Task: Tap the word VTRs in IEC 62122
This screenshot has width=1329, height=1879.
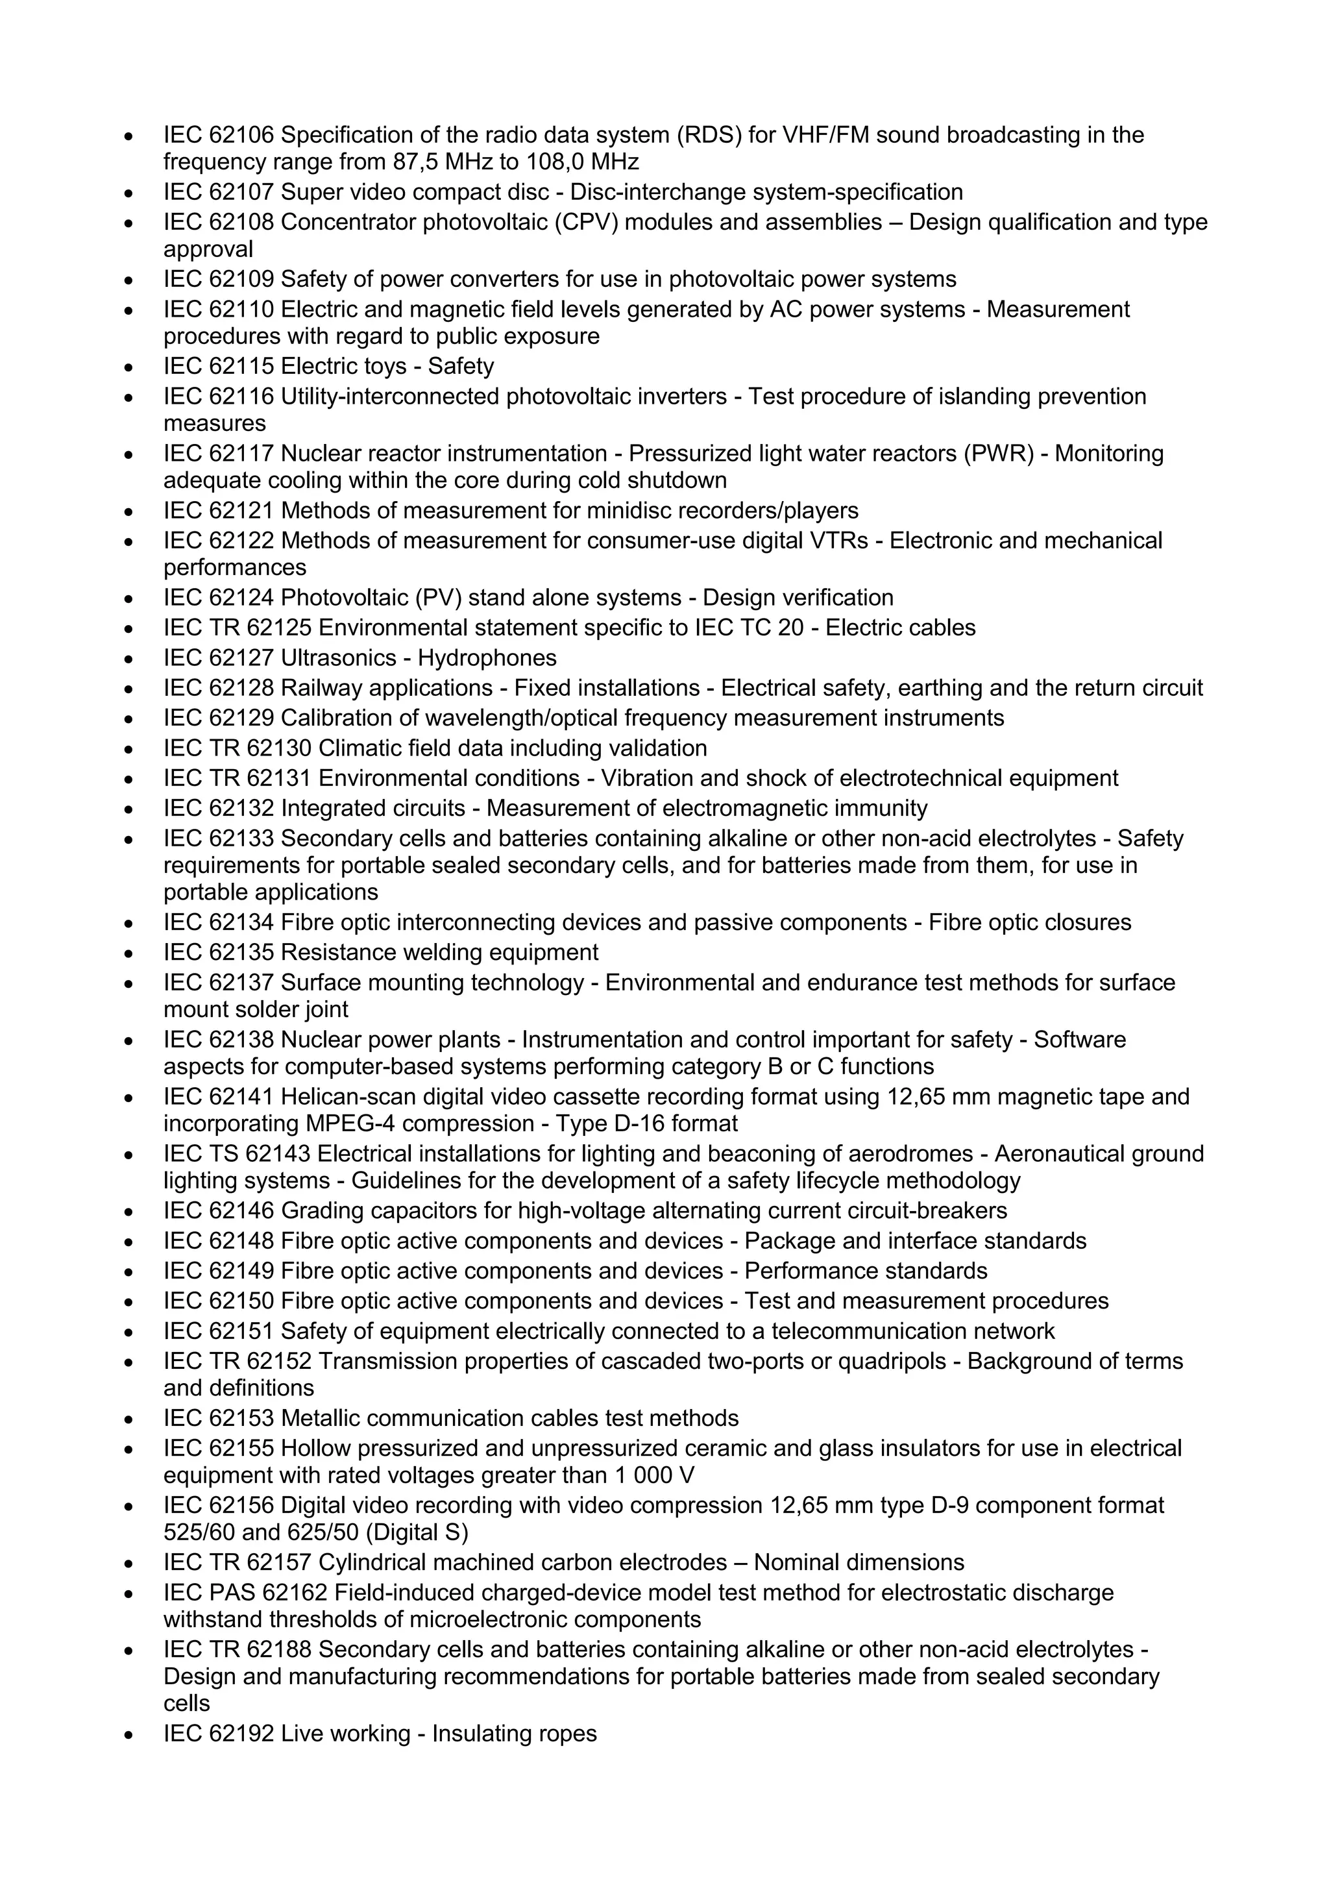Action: [836, 541]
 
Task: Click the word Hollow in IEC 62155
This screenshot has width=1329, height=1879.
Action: [317, 1449]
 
